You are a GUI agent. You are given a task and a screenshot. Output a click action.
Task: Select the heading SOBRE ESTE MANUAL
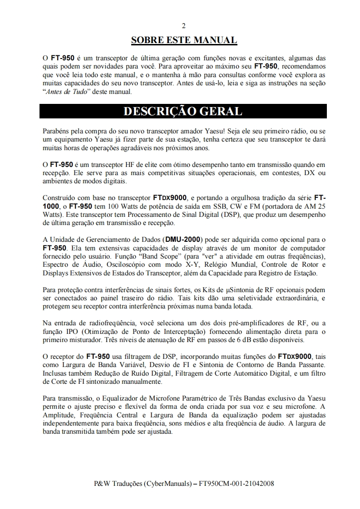[x=183, y=40]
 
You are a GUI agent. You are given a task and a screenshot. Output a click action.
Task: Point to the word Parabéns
[x=56, y=131]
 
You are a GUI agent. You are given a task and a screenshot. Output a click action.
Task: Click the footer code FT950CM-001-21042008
[x=237, y=484]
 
